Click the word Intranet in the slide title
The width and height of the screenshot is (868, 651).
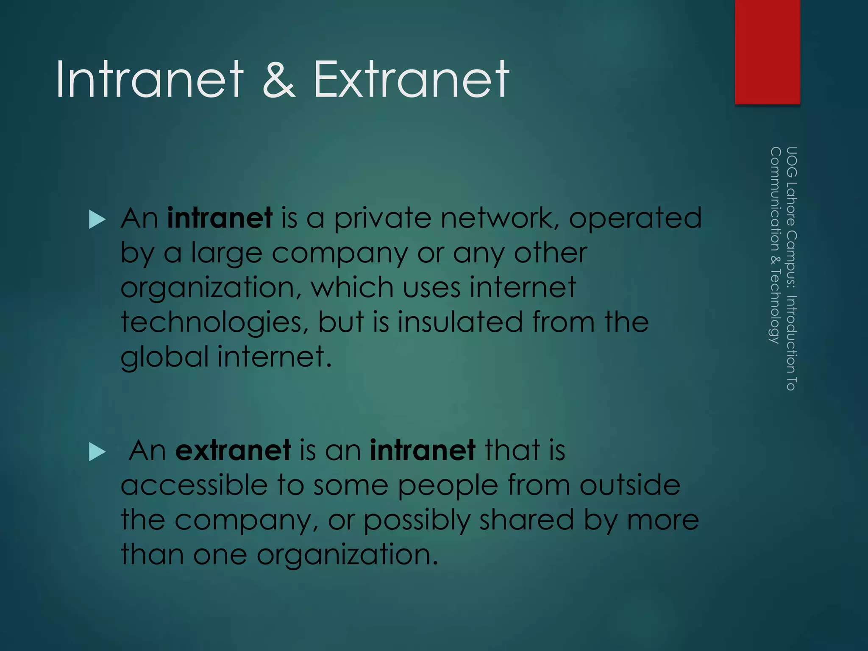point(150,79)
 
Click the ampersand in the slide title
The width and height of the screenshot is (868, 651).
point(278,79)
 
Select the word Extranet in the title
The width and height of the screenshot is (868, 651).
point(411,79)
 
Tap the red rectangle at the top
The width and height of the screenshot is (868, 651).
point(767,52)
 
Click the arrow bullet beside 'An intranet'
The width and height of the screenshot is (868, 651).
point(97,220)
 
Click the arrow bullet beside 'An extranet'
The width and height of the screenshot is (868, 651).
point(97,452)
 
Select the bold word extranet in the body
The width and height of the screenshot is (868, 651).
point(233,450)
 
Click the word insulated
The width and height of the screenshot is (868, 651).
point(460,322)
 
